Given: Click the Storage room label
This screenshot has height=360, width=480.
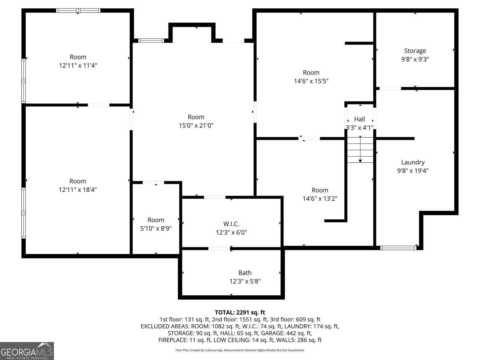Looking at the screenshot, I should [x=415, y=51].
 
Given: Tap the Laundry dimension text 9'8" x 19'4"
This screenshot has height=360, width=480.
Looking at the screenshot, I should [x=413, y=171].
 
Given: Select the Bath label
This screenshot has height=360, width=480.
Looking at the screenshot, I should [x=245, y=273].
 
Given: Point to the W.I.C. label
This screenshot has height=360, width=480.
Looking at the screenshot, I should [x=231, y=224].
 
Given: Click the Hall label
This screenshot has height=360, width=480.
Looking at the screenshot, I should [x=359, y=119].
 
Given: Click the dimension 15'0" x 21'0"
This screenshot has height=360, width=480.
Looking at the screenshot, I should [x=196, y=125].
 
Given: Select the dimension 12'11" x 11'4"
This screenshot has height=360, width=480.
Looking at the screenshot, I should [x=78, y=65].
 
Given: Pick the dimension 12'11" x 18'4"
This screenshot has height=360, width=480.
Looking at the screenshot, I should [x=78, y=190].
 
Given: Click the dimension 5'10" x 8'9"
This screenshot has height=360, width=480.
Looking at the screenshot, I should [x=156, y=228].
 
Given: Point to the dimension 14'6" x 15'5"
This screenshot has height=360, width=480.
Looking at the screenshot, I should [x=311, y=81].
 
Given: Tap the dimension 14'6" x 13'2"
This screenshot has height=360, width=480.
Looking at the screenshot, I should [x=320, y=199].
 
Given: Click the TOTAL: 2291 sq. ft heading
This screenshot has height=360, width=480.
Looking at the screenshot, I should [x=240, y=312].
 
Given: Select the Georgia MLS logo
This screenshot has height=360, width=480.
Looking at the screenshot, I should [x=27, y=351].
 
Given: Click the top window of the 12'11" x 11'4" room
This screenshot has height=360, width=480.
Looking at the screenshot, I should [x=78, y=10].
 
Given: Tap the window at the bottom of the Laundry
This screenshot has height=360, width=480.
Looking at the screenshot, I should [x=398, y=248].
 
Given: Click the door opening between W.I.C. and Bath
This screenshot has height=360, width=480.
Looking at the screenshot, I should [x=219, y=248].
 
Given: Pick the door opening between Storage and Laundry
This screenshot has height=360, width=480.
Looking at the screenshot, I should [x=390, y=88].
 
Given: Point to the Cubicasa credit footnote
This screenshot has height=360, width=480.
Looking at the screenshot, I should [x=240, y=350].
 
